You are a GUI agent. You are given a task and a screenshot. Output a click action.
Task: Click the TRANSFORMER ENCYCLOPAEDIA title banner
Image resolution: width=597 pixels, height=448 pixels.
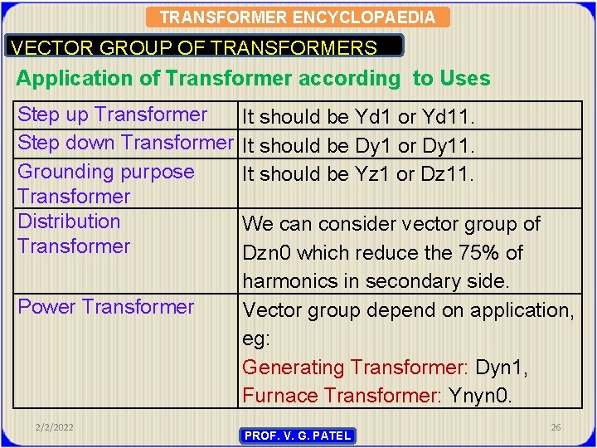[x=297, y=17]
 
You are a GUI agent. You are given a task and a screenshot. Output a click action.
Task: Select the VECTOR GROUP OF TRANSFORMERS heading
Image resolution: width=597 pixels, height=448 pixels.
[x=194, y=48]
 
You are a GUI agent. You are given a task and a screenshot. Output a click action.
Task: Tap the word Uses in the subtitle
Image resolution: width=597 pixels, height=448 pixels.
[x=464, y=79]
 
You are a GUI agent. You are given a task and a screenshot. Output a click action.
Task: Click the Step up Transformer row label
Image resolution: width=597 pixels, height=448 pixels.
[x=112, y=114]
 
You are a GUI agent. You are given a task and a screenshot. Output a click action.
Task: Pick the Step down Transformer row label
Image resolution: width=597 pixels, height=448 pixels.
[x=125, y=143]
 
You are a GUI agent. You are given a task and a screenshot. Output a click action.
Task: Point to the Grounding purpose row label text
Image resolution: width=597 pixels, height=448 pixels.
[x=105, y=173]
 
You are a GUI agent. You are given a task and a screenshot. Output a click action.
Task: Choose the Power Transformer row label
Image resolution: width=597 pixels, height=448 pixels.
[x=105, y=307]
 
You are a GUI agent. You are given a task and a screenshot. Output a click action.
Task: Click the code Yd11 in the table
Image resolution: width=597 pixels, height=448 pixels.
[x=446, y=118]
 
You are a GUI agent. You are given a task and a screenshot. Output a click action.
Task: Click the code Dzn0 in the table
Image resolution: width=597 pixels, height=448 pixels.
[x=265, y=253]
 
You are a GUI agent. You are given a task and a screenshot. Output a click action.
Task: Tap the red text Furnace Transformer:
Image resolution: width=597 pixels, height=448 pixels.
[x=342, y=395]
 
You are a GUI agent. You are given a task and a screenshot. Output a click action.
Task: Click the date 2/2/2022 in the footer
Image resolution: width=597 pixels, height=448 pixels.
[x=54, y=427]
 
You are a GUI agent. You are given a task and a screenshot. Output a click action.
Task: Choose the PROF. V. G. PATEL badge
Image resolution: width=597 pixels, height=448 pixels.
[x=298, y=436]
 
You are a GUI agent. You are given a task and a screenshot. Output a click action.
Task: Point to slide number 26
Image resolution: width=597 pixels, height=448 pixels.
[x=556, y=427]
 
